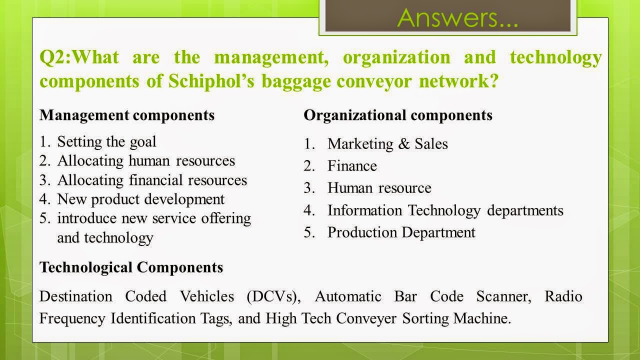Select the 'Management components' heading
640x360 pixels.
click(x=127, y=115)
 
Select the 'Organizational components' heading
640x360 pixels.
click(x=398, y=115)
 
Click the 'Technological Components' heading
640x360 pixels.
click(x=131, y=267)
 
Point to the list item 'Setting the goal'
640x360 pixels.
click(x=106, y=141)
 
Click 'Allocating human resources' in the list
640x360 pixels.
click(x=146, y=160)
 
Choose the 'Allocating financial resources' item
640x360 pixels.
click(x=152, y=179)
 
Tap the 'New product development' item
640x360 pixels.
click(x=141, y=199)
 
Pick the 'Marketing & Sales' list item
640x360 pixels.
click(x=387, y=144)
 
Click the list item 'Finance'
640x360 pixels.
click(x=352, y=166)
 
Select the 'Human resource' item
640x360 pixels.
click(x=379, y=188)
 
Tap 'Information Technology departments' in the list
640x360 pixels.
click(x=445, y=210)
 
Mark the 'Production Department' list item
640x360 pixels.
click(x=401, y=232)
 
